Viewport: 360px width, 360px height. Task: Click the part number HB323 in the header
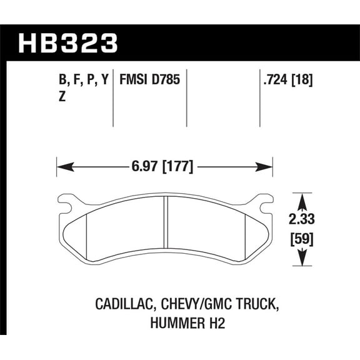tap(69, 43)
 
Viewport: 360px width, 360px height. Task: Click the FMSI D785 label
tap(147, 80)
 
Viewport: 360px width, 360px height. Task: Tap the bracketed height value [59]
tap(301, 239)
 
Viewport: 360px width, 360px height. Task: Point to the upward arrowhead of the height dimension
tap(301, 199)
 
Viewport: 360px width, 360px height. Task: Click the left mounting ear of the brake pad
tap(65, 201)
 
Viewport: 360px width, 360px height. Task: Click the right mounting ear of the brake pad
tap(265, 201)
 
